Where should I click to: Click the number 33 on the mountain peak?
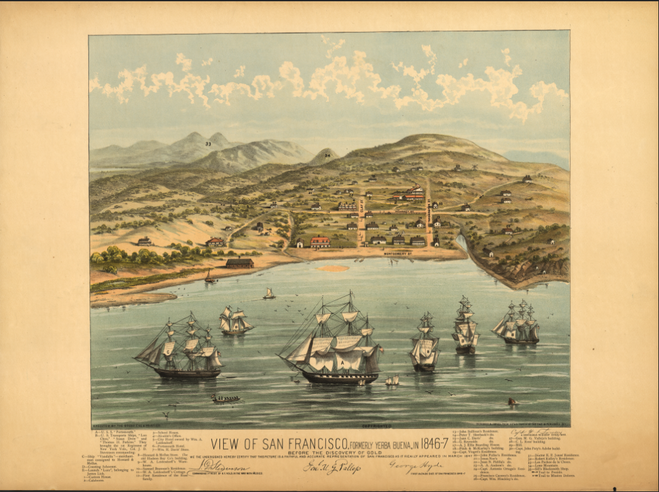pyautogui.click(x=207, y=144)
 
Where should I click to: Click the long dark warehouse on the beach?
pyautogui.click(x=240, y=263)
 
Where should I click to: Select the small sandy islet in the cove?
pyautogui.click(x=333, y=268)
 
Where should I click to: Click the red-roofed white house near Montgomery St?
pyautogui.click(x=320, y=242)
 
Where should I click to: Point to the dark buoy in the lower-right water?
pyautogui.click(x=511, y=401)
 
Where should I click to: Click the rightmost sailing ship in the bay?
pyautogui.click(x=518, y=324)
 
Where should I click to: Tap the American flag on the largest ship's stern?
pyautogui.click(x=380, y=349)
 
